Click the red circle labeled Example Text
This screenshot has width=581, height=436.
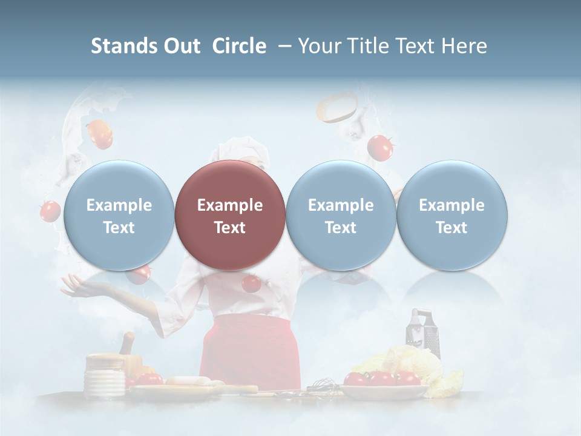pyautogui.click(x=229, y=216)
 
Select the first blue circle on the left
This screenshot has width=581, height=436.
pyautogui.click(x=119, y=216)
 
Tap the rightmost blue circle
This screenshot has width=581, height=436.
pyautogui.click(x=451, y=216)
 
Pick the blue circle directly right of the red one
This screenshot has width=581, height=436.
pyautogui.click(x=340, y=216)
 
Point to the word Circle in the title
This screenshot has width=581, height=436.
pyautogui.click(x=239, y=46)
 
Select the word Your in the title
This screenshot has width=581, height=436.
pyautogui.click(x=319, y=46)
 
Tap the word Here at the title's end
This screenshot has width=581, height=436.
pyautogui.click(x=464, y=46)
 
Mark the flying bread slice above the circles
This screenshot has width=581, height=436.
pyautogui.click(x=337, y=107)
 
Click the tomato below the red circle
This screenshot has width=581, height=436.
pyautogui.click(x=250, y=283)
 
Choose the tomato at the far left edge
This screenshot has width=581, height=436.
pyautogui.click(x=50, y=211)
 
